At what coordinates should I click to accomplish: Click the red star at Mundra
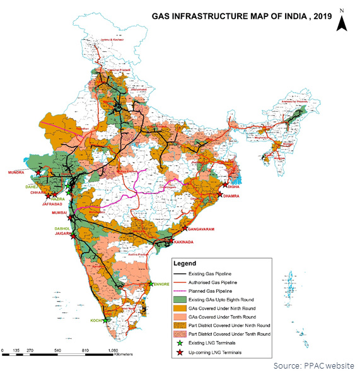(x=38, y=172)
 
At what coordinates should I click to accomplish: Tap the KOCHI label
(x=96, y=321)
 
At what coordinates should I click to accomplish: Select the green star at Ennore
(x=149, y=284)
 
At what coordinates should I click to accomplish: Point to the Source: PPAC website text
(x=313, y=365)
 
